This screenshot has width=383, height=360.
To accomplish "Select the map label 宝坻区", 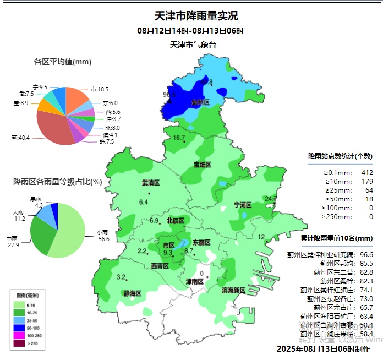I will point(202,165).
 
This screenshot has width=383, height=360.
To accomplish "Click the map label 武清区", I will point(150,183).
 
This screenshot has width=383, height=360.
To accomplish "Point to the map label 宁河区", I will point(242,205).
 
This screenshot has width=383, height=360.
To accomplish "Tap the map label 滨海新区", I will point(234,290).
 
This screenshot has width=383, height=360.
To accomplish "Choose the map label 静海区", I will point(132,293).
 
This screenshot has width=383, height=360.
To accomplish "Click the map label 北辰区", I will point(176,221).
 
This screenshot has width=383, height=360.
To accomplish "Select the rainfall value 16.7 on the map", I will point(179,138).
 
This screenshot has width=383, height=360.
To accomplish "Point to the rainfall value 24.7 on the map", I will point(271,198).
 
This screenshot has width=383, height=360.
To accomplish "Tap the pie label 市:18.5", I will point(100,89).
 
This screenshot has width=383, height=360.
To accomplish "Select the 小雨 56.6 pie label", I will point(102,236).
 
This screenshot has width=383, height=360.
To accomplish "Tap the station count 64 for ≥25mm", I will point(369,190).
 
